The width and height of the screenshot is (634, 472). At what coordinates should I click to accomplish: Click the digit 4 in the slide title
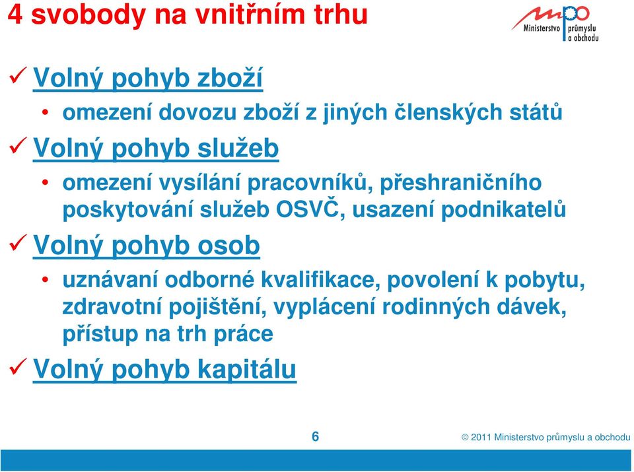click(x=15, y=15)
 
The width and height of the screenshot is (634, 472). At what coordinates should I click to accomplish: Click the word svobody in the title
click(x=88, y=15)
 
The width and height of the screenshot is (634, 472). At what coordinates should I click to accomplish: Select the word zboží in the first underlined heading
click(x=230, y=78)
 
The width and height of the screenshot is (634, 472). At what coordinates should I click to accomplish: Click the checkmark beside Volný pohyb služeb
click(x=18, y=145)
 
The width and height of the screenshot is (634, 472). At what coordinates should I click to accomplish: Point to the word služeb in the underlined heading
click(x=238, y=148)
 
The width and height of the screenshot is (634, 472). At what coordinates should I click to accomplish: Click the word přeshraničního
click(x=460, y=183)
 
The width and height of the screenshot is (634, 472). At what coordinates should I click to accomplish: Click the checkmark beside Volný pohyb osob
click(x=18, y=242)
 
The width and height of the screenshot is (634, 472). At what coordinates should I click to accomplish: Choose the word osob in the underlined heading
click(x=229, y=246)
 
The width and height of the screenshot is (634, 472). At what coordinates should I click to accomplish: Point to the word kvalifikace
click(x=321, y=280)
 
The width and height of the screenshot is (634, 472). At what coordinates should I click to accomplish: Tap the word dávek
click(x=531, y=306)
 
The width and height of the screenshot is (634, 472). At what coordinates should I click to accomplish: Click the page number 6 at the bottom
click(x=316, y=436)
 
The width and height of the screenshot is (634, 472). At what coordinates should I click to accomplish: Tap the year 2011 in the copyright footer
click(x=481, y=437)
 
